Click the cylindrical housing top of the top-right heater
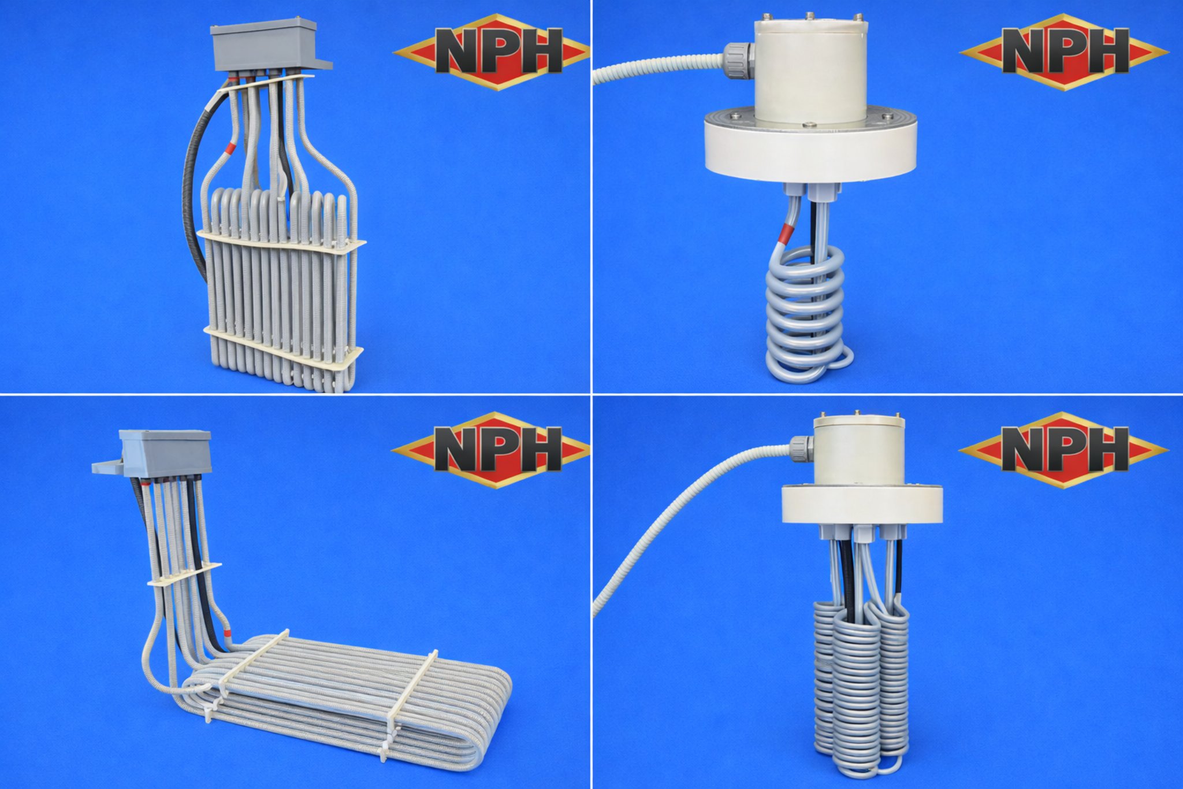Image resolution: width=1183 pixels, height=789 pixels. (x=809, y=58)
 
